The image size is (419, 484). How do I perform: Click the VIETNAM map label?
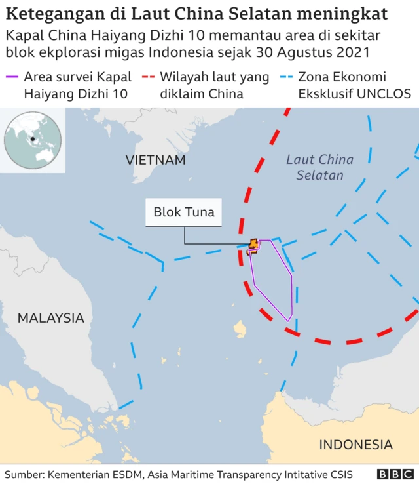156,159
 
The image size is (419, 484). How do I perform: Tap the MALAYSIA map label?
51,318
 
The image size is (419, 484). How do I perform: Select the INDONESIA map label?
356,445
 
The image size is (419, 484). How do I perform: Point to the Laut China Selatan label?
320,167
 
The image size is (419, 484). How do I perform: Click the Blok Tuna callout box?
183,212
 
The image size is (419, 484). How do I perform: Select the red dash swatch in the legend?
149,78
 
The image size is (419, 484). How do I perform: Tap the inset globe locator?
33,140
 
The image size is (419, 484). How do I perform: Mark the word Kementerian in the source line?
82,474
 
